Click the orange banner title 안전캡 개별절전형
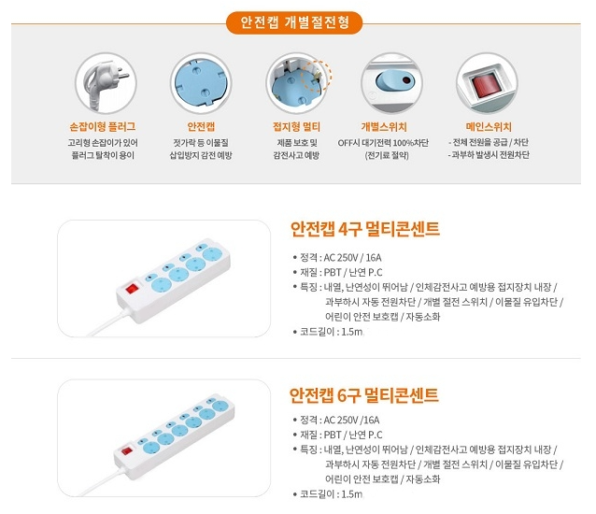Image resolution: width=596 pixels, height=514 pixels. click(x=294, y=22)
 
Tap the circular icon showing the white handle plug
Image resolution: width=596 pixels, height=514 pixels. click(x=106, y=83)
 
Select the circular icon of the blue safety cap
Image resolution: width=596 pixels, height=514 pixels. click(x=201, y=83)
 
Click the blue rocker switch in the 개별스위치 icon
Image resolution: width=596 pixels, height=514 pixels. click(x=395, y=81)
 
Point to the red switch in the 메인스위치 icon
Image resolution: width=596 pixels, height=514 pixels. click(x=487, y=86)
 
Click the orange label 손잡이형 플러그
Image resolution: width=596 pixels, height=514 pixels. click(x=103, y=126)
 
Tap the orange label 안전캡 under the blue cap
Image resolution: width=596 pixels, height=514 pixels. click(x=201, y=126)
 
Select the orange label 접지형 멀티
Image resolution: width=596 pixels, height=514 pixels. click(x=296, y=126)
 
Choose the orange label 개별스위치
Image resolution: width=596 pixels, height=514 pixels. click(x=384, y=126)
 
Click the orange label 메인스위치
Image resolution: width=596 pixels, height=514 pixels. click(x=489, y=126)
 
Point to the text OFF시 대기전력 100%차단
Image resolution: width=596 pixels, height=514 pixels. click(x=383, y=143)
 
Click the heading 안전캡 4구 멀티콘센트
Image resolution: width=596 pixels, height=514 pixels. click(x=365, y=229)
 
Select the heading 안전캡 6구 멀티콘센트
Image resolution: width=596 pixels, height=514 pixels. click(x=364, y=395)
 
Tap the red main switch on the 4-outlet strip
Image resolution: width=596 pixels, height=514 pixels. click(x=132, y=288)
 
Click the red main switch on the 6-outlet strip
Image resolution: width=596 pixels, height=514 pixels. click(x=126, y=451)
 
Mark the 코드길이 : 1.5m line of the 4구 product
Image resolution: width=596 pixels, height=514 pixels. click(x=329, y=332)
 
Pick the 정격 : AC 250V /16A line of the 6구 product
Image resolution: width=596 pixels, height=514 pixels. click(x=336, y=420)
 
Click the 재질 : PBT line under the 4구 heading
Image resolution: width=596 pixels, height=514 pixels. click(x=338, y=272)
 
